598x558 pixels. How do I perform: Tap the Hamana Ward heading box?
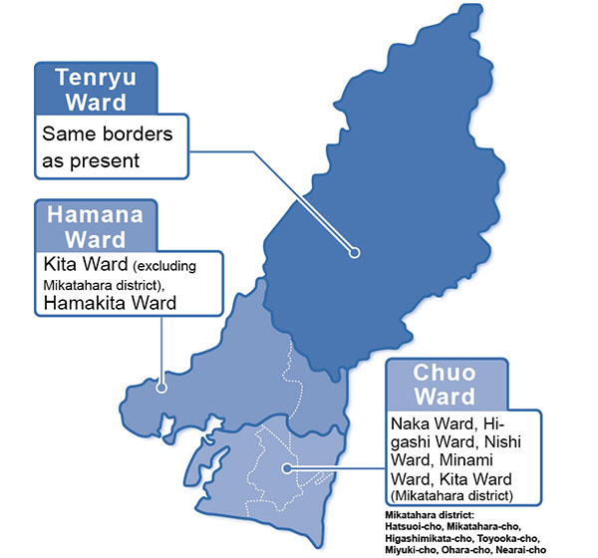tap(96, 226)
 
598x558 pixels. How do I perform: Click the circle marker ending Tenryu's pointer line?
tap(353, 253)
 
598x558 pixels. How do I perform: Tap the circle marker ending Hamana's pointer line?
tap(161, 379)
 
